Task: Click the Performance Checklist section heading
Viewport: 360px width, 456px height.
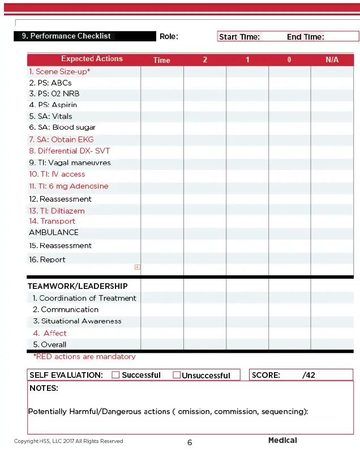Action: click(x=66, y=36)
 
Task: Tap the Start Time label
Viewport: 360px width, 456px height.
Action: click(x=239, y=37)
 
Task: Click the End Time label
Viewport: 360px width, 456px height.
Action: click(x=305, y=37)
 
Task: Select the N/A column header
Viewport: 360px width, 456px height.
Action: click(x=332, y=59)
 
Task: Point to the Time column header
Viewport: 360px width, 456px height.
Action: click(x=161, y=60)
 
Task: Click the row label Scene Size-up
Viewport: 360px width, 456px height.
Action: click(x=59, y=72)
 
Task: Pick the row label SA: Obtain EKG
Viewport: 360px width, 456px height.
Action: click(x=61, y=139)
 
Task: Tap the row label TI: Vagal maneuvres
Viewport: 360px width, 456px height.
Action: click(x=70, y=163)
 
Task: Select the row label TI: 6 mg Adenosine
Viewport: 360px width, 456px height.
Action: click(x=68, y=186)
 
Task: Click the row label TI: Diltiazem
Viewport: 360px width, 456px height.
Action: click(x=57, y=211)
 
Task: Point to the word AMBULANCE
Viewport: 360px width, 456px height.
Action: click(x=54, y=232)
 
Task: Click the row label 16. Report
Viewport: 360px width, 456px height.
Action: click(x=47, y=259)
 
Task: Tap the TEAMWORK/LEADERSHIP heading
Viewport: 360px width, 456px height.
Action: click(x=78, y=286)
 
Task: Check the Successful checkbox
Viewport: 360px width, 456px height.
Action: click(x=115, y=375)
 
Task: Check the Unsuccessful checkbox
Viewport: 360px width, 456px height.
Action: click(x=177, y=375)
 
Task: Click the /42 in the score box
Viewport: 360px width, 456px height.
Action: click(x=308, y=375)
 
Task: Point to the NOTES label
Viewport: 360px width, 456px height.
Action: click(x=44, y=389)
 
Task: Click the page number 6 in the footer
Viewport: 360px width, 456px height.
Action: click(x=190, y=442)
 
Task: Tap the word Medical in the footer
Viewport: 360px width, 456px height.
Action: click(x=282, y=440)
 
